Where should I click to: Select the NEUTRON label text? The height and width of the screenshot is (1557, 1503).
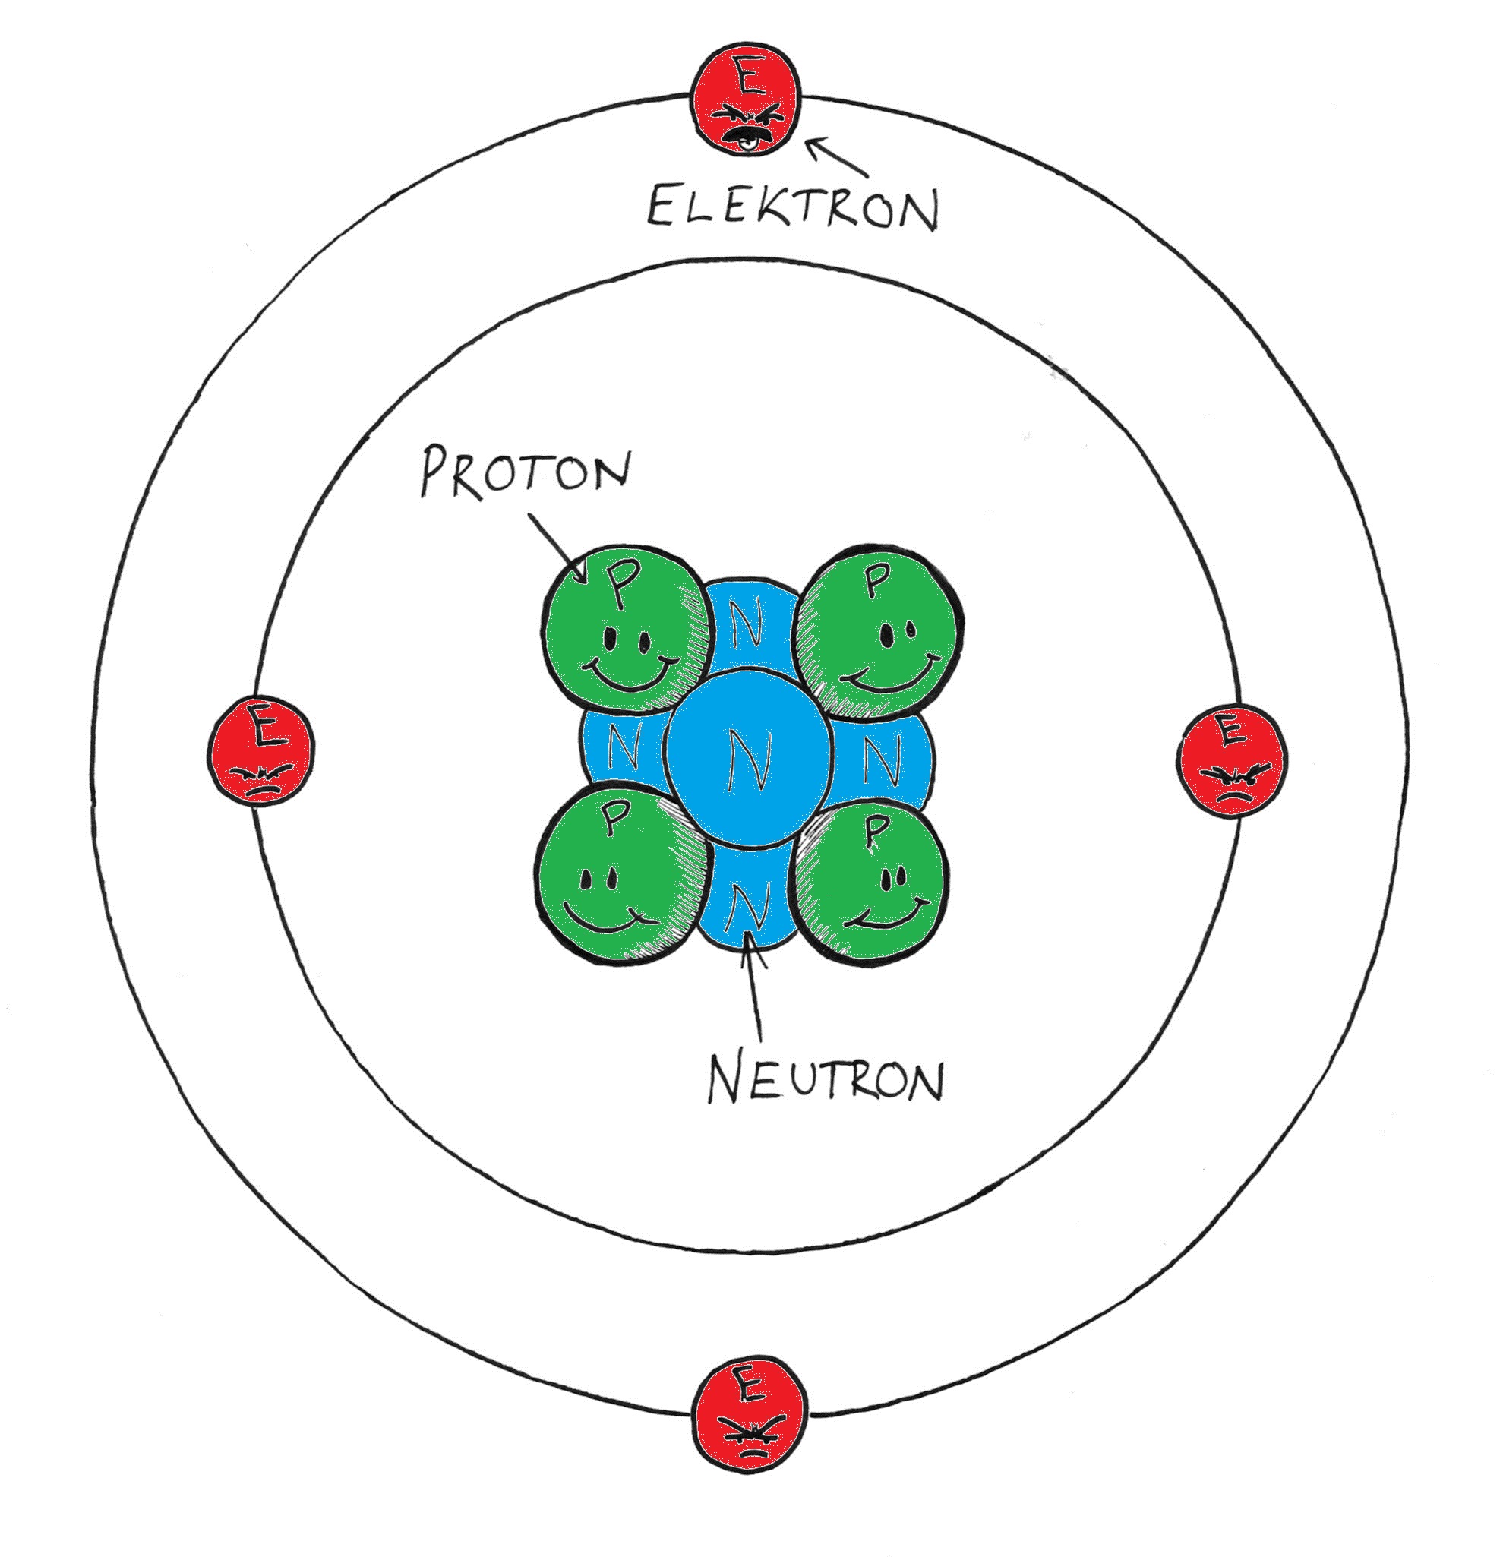[826, 1078]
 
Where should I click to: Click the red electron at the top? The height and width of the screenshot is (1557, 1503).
[745, 102]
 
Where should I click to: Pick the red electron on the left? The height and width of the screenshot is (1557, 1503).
[260, 750]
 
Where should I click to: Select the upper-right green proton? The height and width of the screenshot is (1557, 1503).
[879, 630]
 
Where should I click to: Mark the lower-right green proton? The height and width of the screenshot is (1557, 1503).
[872, 883]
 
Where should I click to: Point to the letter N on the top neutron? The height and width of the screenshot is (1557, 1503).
[748, 624]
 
